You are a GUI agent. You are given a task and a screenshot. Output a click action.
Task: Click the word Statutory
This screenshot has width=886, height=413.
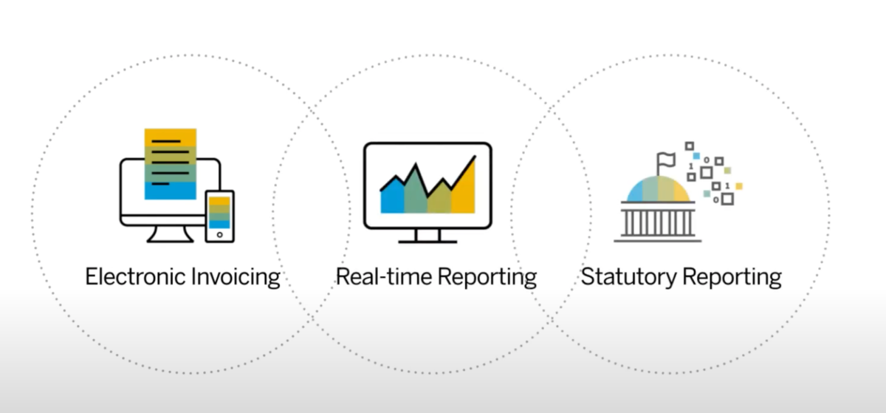point(628,277)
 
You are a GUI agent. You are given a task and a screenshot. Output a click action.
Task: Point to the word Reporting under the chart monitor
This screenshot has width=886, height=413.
point(487,277)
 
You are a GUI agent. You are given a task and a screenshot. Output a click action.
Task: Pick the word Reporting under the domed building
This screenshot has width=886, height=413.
point(732,277)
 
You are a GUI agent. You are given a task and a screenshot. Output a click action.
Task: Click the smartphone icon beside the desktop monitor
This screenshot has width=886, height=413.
point(219,216)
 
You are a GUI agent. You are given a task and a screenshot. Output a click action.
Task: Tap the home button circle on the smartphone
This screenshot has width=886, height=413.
point(219,235)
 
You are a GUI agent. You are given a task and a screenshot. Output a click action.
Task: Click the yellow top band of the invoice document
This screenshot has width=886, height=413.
point(171,137)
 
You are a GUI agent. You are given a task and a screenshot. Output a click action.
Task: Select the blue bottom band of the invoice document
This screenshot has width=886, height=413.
point(171,191)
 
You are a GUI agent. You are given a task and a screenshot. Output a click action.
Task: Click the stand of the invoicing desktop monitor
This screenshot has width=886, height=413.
point(170,233)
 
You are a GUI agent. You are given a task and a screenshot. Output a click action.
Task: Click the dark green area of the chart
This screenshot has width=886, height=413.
point(416,192)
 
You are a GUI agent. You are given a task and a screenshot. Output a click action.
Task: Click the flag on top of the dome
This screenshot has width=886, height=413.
point(665,163)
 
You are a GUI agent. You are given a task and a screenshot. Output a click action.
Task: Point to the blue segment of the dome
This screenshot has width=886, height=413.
point(635,192)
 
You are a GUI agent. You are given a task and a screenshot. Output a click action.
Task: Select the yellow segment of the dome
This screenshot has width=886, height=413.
point(681,192)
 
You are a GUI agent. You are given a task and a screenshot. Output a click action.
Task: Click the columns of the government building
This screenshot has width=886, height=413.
point(657,223)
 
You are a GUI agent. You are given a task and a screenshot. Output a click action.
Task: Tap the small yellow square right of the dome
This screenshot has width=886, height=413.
point(738,186)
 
